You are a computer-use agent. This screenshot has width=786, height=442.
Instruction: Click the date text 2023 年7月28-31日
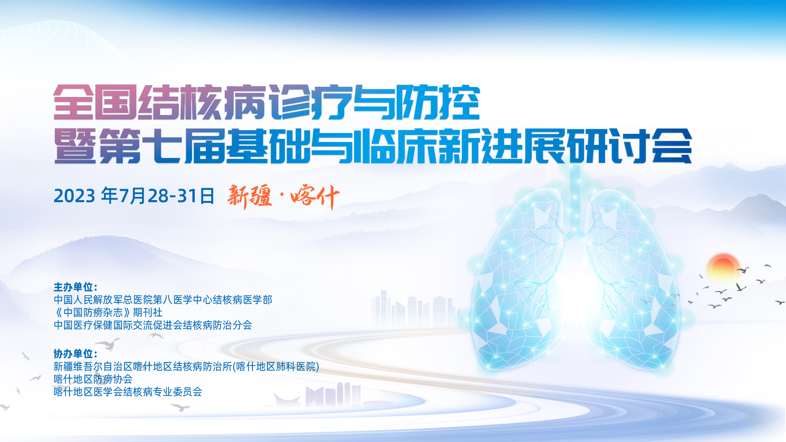(134, 196)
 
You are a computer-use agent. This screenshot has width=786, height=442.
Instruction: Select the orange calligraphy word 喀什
(315, 197)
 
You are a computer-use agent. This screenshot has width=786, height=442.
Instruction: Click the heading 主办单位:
(75, 287)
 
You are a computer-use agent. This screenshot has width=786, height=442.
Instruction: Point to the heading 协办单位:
(75, 354)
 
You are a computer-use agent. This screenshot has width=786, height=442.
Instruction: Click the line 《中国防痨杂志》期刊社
(108, 312)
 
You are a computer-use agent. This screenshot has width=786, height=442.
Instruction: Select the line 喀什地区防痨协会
(93, 379)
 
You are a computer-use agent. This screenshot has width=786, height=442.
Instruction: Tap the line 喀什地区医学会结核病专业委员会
(128, 392)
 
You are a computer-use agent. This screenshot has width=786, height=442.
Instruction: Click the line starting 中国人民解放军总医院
(163, 300)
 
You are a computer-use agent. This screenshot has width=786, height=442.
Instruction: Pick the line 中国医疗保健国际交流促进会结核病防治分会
(153, 325)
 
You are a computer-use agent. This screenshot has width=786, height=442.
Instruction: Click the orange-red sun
(723, 268)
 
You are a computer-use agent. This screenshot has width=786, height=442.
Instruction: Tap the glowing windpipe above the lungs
(575, 201)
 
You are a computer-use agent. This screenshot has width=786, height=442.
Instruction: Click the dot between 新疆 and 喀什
(282, 196)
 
